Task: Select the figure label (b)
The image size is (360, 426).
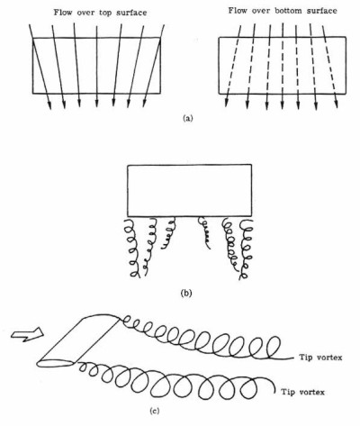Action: (x=186, y=293)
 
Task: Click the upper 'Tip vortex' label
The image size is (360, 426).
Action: (x=320, y=358)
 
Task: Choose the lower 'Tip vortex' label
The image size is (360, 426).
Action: (x=302, y=392)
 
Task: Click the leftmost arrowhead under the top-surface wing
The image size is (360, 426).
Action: (x=49, y=105)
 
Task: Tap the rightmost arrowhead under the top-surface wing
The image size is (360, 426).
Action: (x=145, y=103)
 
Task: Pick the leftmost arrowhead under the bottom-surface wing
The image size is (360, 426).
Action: (x=227, y=103)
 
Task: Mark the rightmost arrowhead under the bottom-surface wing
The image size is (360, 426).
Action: (x=337, y=104)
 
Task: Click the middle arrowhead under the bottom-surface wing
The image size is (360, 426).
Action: (x=283, y=104)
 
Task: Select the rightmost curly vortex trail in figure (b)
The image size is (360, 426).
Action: (x=247, y=249)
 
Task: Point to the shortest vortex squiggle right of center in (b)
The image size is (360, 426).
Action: (x=204, y=232)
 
